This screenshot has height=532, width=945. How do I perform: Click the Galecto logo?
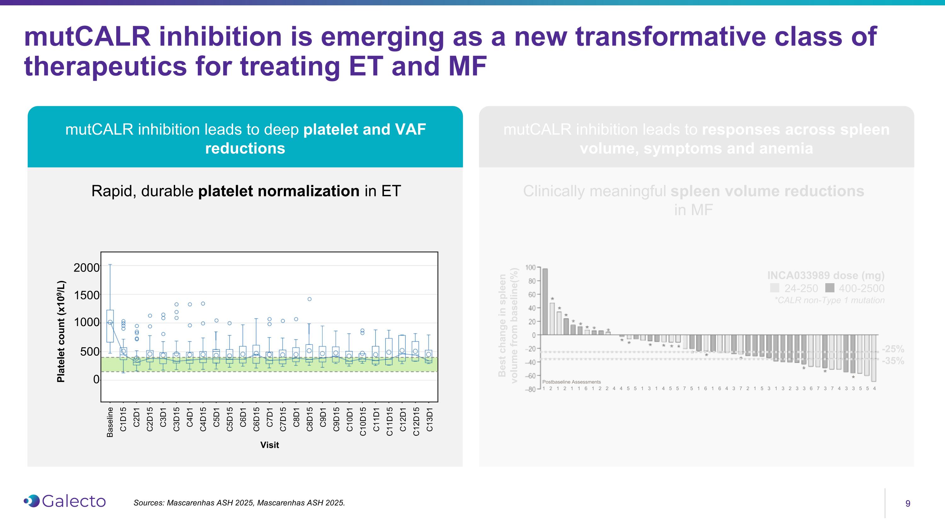click(65, 501)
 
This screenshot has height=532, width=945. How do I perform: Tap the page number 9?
click(908, 503)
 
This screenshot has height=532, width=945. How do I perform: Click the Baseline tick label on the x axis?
click(110, 422)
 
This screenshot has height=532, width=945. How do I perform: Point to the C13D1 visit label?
click(429, 419)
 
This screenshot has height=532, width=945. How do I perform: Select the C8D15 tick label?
click(310, 419)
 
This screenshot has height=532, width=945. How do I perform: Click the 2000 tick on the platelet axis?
click(86, 268)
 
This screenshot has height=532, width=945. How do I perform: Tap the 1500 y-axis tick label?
click(86, 295)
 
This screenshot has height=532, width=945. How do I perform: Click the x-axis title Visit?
click(270, 445)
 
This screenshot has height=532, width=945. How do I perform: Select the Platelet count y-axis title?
click(61, 331)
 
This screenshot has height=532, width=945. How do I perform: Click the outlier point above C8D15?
click(310, 299)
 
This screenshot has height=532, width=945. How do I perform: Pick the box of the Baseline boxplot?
click(110, 326)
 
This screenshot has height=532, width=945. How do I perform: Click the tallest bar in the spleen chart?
click(545, 301)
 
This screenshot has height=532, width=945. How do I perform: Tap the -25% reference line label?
click(893, 349)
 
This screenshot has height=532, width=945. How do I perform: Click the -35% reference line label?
click(893, 361)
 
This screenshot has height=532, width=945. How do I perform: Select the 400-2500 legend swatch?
click(830, 288)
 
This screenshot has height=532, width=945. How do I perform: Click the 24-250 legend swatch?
click(774, 288)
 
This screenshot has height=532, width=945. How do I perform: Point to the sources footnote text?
click(239, 503)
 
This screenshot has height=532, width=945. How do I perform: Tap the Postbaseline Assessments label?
click(571, 382)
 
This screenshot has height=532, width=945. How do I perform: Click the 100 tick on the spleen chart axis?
click(530, 267)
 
